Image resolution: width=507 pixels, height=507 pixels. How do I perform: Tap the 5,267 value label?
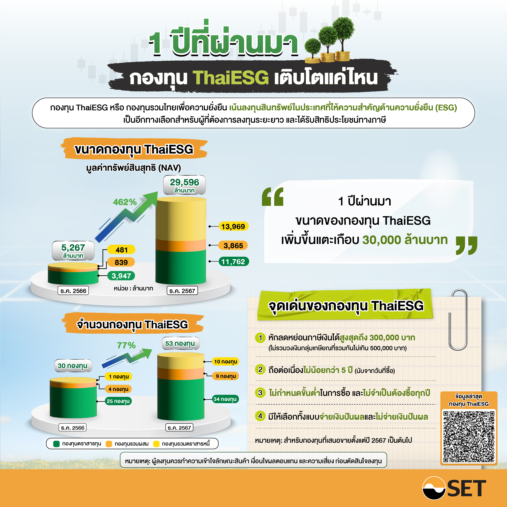tap(73, 250)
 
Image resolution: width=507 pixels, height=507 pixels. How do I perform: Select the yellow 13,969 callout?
tap(233, 226)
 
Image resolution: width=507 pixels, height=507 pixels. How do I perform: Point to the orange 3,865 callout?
tap(233, 245)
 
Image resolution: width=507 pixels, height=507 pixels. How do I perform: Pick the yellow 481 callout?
tap(121, 250)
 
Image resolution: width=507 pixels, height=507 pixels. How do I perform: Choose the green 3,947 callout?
tap(121, 276)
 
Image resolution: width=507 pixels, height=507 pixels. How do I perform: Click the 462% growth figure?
tap(125, 202)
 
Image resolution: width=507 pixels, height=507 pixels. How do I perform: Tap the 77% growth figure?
tap(126, 345)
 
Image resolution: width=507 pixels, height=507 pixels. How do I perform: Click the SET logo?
tap(454, 488)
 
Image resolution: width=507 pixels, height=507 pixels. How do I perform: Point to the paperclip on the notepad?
tap(458, 320)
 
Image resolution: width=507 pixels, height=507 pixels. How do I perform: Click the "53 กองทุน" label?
tap(180, 343)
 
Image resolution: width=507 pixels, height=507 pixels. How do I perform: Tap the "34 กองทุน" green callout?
tap(225, 399)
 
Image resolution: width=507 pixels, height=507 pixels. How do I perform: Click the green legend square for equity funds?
tap(56, 444)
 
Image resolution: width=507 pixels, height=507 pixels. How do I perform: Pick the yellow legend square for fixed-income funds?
tap(156, 444)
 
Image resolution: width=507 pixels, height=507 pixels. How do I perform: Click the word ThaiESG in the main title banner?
tap(231, 78)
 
